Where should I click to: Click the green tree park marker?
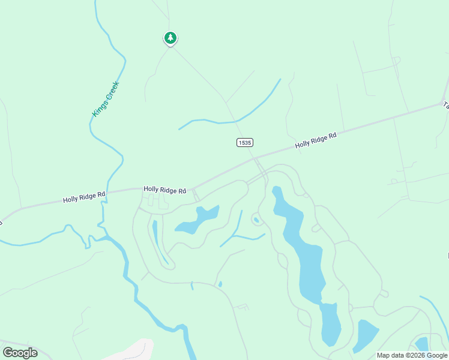[170, 38]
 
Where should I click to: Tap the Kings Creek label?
[106, 99]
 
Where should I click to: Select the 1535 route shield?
[244, 142]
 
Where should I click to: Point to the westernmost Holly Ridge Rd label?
[84, 197]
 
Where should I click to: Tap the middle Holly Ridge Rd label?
[164, 190]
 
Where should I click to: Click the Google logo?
[20, 353]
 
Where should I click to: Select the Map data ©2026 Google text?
[412, 355]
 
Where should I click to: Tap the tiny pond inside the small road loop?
[256, 220]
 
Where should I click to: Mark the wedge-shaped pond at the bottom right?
[365, 335]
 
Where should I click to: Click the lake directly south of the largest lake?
[330, 325]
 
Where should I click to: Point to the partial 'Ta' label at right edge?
[445, 104]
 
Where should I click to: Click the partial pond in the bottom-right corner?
[422, 344]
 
